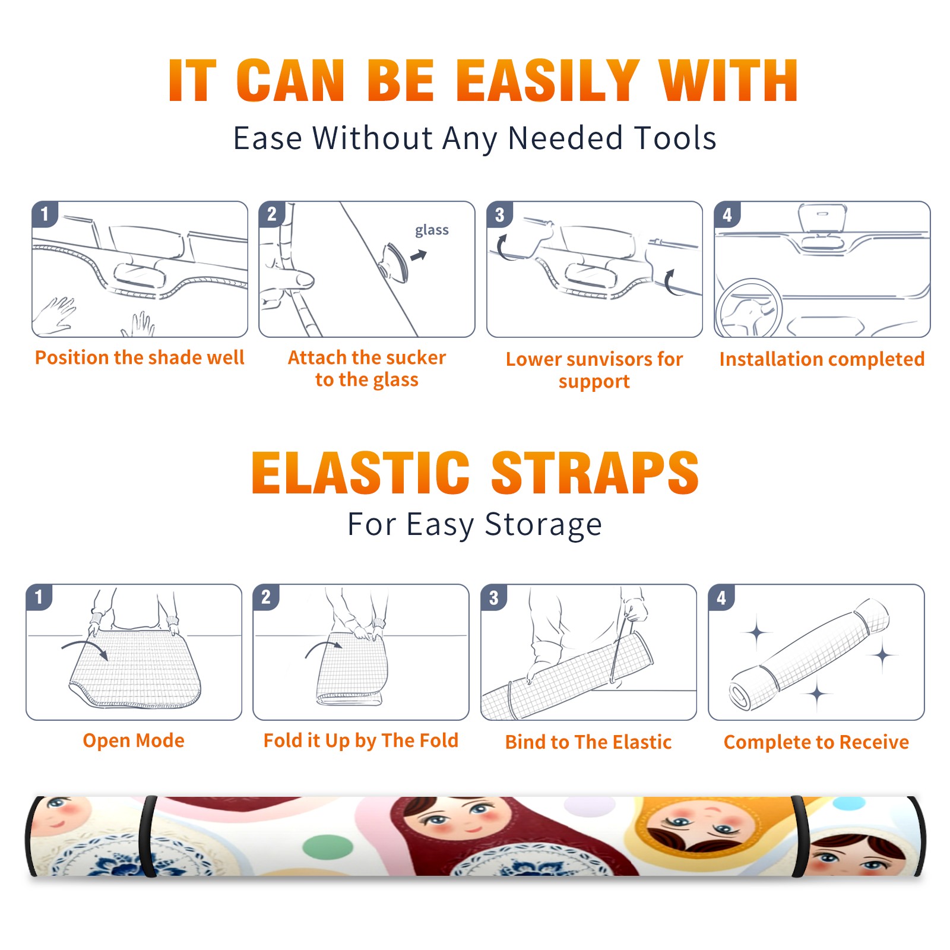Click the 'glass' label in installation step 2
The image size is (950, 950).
click(x=432, y=230)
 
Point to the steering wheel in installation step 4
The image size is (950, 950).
click(x=749, y=308)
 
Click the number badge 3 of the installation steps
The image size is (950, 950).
click(x=499, y=214)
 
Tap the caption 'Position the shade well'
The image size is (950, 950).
click(x=140, y=357)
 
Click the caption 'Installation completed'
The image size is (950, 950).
click(x=822, y=359)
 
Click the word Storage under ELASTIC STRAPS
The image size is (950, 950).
click(x=543, y=525)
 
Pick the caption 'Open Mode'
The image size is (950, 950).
click(x=134, y=740)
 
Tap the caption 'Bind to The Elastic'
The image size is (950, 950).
click(x=588, y=742)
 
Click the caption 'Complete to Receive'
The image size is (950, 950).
click(x=816, y=742)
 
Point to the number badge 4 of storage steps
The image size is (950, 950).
click(x=721, y=597)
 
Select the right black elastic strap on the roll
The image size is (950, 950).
click(x=799, y=837)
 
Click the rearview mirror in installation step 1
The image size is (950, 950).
click(x=140, y=275)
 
